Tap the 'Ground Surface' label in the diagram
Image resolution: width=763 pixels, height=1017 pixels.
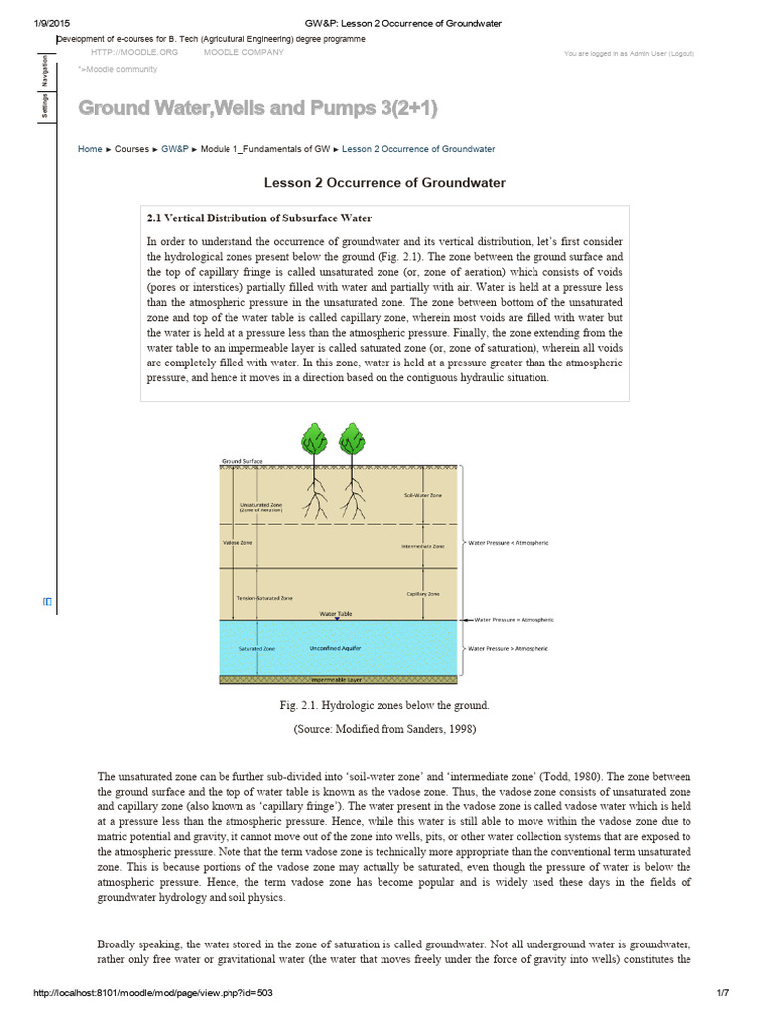pos(242,462)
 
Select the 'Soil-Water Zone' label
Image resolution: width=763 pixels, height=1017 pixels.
pos(422,494)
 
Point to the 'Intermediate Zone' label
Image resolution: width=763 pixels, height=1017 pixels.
pos(422,546)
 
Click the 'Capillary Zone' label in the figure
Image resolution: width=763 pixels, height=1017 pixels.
pos(423,594)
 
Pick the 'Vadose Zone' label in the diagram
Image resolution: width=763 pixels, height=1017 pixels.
pos(237,543)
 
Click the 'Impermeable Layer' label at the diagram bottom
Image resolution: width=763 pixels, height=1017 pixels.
pos(337,680)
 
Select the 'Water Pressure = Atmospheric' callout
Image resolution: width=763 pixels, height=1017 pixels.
pos(515,619)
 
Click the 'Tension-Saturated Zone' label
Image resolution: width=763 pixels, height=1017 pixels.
pos(265,599)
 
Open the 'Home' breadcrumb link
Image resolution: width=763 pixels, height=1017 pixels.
pos(89,149)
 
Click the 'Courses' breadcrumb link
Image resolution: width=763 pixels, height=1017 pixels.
pos(132,149)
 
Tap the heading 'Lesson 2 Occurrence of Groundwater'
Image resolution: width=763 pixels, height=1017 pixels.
pos(384,183)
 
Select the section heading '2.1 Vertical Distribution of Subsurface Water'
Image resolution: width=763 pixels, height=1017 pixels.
pos(259,218)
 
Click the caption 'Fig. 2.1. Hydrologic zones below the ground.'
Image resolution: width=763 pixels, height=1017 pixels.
pos(384,705)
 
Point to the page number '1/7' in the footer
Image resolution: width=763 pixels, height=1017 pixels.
pos(722,1000)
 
